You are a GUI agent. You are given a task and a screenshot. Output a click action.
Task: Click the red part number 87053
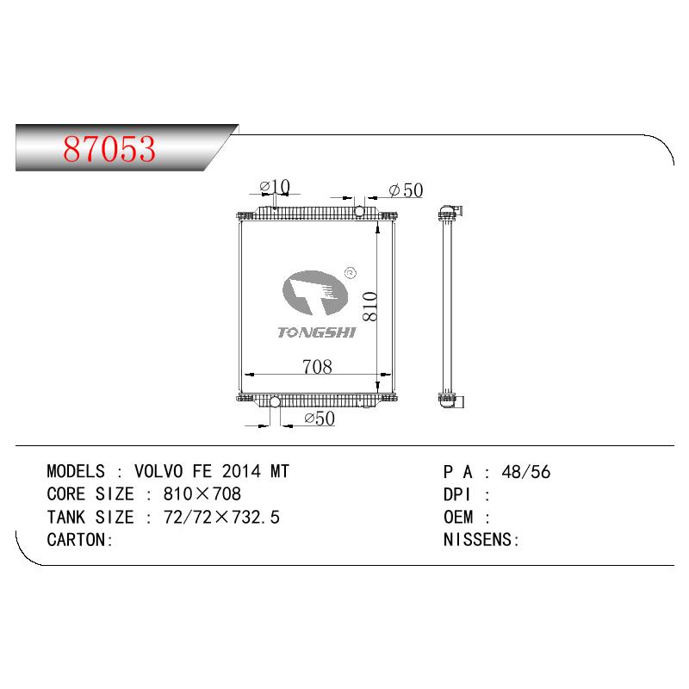coord(109,149)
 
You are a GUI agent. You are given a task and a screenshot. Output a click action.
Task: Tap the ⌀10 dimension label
coord(275,187)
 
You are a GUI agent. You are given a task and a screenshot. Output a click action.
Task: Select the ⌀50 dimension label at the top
coord(406,190)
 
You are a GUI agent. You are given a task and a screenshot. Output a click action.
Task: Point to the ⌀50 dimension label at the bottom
coord(320,419)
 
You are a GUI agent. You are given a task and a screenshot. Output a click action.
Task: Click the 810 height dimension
coord(370,307)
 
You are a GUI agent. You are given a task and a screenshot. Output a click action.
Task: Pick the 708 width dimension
coord(317,367)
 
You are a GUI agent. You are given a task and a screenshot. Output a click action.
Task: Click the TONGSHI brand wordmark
coord(316,332)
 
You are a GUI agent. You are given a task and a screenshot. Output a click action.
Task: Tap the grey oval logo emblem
coord(314,292)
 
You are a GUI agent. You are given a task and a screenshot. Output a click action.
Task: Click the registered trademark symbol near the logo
coord(351,273)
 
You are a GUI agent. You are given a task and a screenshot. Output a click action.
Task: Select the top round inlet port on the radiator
coord(359,211)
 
